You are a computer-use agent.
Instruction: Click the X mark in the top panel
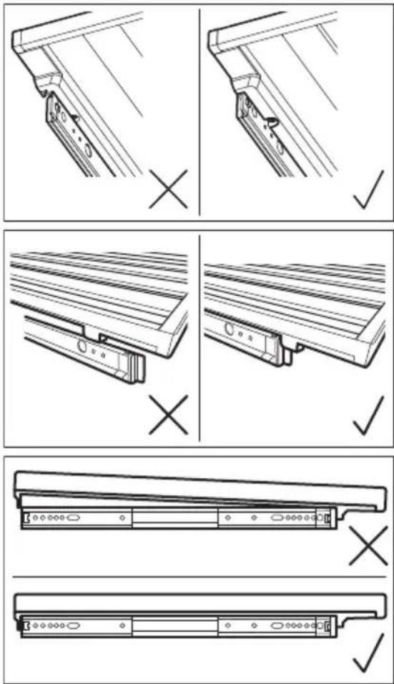169,188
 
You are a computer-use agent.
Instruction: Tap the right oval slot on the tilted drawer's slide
277,516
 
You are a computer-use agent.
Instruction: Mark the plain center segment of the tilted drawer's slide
174,517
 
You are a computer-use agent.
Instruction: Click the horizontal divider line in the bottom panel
197,576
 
